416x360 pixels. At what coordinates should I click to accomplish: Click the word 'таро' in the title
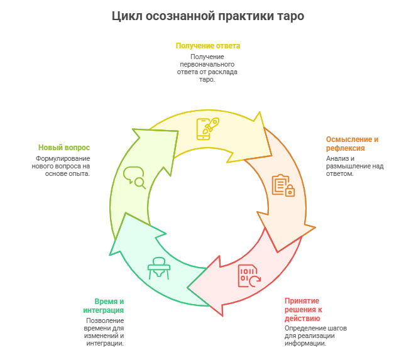tap(290, 16)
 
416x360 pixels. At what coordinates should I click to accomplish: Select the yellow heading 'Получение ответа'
tap(207, 46)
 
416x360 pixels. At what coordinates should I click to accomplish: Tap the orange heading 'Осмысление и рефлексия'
tap(352, 144)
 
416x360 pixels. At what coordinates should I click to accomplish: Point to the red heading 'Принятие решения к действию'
tap(302, 309)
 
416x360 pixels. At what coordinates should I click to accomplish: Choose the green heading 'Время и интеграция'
tap(104, 306)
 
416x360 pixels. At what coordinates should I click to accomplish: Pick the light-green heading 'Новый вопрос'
tap(64, 148)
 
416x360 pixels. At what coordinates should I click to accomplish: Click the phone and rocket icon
tap(207, 128)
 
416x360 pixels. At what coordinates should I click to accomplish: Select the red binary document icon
tap(249, 276)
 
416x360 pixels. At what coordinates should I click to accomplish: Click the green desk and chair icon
tap(158, 268)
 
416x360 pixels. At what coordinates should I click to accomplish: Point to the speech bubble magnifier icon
tap(134, 177)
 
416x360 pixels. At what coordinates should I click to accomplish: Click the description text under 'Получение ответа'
tap(207, 68)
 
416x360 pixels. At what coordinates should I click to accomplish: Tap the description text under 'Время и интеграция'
tap(104, 332)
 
